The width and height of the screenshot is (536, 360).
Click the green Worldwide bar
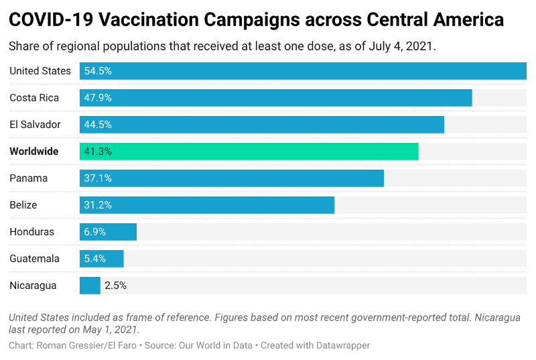click(x=249, y=152)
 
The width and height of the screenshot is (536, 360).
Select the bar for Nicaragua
click(x=90, y=286)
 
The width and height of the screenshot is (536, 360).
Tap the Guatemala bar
click(x=102, y=259)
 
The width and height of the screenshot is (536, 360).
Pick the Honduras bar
click(x=108, y=232)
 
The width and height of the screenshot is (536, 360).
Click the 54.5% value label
click(x=98, y=71)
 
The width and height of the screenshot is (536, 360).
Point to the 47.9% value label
click(x=98, y=98)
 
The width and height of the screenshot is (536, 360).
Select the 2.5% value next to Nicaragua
click(x=116, y=286)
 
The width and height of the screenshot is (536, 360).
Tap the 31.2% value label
click(x=98, y=205)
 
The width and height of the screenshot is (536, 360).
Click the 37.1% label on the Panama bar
click(x=98, y=178)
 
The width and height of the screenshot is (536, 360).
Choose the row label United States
click(x=40, y=71)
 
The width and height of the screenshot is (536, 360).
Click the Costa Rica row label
click(x=34, y=98)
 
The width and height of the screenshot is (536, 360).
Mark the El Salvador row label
click(x=35, y=125)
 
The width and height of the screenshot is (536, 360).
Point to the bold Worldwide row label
click(x=34, y=152)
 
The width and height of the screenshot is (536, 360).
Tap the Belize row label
click(x=23, y=205)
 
